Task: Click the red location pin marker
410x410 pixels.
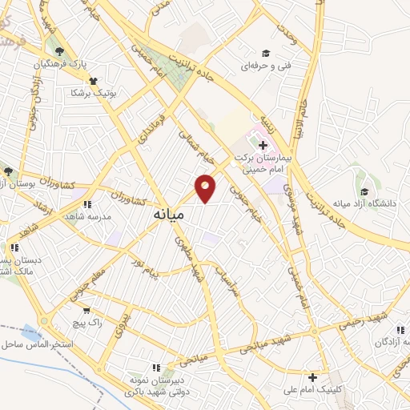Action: pos(206,187)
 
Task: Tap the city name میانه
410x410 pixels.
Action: pos(167,215)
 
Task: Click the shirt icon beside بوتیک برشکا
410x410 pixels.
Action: pos(94,81)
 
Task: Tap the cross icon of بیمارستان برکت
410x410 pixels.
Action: pos(263,145)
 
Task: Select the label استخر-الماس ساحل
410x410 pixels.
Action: pos(39,344)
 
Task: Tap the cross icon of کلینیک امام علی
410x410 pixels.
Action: pos(312,377)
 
